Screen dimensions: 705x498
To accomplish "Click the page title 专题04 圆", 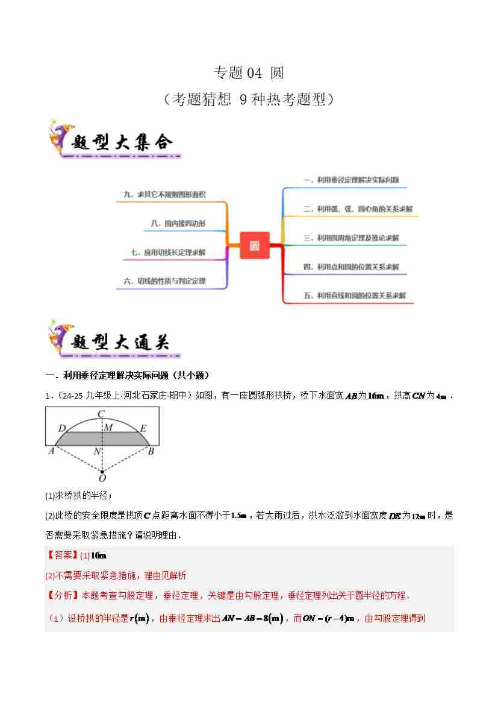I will (x=248, y=73).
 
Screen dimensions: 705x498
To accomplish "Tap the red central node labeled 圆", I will (x=254, y=245).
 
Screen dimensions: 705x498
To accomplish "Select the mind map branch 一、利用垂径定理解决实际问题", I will (x=351, y=180).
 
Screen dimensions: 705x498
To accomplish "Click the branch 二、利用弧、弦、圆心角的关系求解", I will (x=358, y=209).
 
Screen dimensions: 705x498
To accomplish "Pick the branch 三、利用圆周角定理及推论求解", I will (x=351, y=238).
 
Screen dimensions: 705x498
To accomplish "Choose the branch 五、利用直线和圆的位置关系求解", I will (x=355, y=296).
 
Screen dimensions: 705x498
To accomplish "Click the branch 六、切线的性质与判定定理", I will (x=164, y=280).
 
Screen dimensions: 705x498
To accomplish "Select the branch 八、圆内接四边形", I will (x=178, y=223).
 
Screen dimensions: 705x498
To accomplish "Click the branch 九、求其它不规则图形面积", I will (x=164, y=194).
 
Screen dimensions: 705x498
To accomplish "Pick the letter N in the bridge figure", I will (x=96, y=451).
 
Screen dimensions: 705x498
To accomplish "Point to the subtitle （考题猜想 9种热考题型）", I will (x=248, y=99).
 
